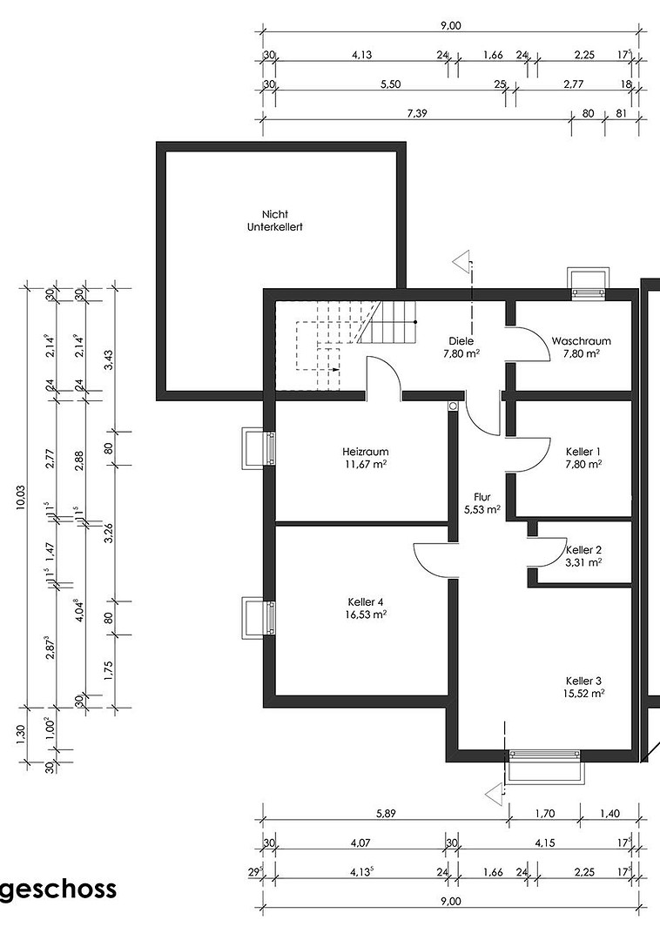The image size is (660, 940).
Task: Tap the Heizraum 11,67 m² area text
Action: coord(365,463)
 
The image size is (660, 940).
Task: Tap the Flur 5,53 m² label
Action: coord(482,504)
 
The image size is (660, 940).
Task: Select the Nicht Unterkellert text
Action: coord(275,220)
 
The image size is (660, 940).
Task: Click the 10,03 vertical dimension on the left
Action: coord(21,497)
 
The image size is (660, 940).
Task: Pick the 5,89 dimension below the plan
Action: coord(386,814)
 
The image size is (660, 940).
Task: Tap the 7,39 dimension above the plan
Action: coord(416,113)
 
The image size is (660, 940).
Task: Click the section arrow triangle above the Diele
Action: coord(461,263)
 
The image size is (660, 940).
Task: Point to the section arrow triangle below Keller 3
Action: coord(494,793)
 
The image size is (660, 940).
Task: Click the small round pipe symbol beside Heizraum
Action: coord(453,406)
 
